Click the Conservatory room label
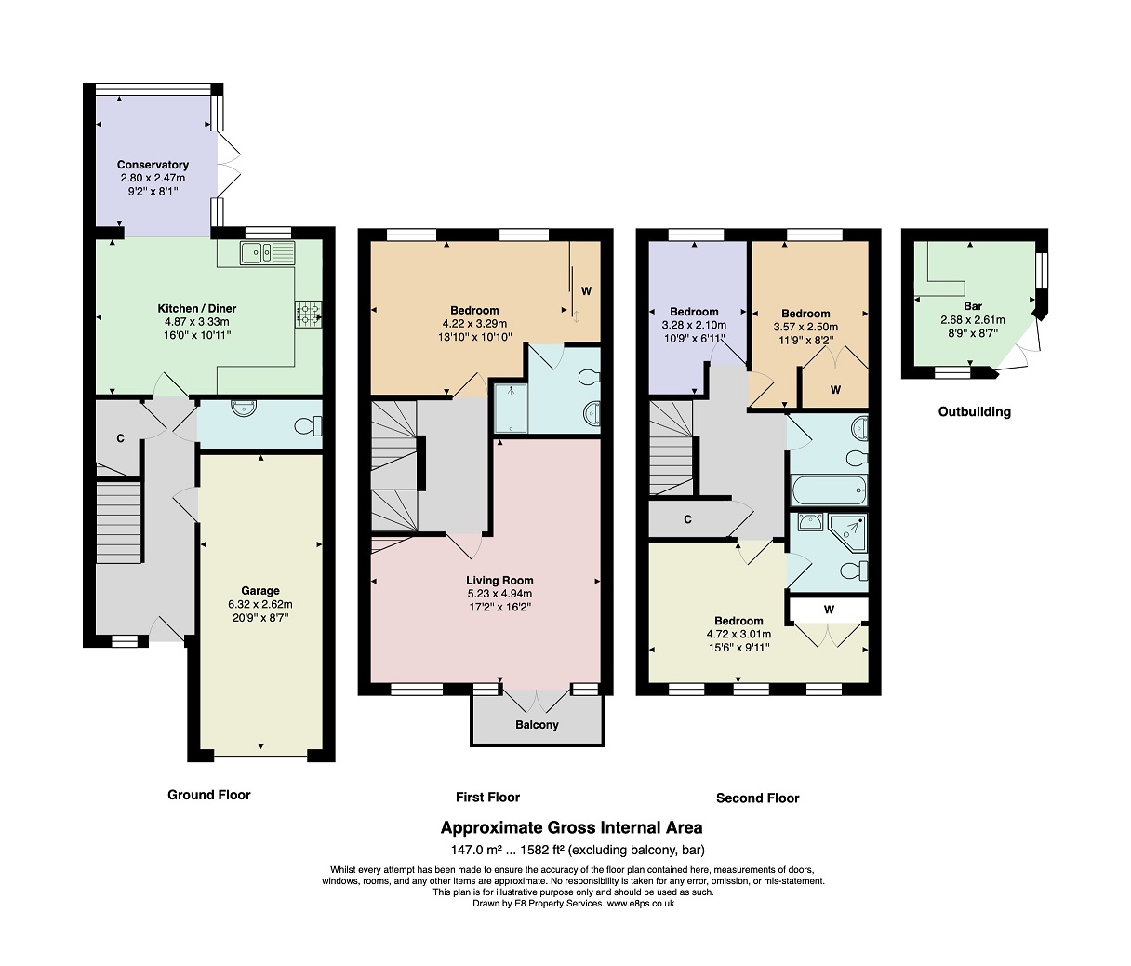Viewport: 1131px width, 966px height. coord(153,165)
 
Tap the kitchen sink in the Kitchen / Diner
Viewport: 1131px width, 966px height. coord(267,252)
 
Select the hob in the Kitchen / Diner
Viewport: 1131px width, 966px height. coord(308,315)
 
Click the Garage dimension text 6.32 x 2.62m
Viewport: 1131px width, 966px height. coord(260,605)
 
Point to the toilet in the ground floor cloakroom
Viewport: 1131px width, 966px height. coord(308,426)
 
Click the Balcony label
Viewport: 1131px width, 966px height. coord(537,724)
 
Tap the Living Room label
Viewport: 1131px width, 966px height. coord(499,580)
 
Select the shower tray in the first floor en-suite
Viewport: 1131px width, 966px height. coord(511,409)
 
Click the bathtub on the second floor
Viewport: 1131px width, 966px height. coord(829,490)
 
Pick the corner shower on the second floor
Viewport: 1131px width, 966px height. coord(847,532)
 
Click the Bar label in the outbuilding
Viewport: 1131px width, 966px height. coord(973,306)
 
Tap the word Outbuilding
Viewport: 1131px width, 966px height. coord(975,412)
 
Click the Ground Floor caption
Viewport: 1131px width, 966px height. coord(209,795)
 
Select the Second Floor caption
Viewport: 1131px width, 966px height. coord(758,798)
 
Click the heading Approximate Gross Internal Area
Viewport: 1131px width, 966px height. coord(572,827)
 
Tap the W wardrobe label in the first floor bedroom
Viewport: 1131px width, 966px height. coord(586,290)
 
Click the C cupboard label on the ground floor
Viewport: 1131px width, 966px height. coord(120,438)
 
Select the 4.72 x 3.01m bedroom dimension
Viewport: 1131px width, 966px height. coord(738,634)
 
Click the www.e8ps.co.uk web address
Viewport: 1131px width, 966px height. coord(640,904)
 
